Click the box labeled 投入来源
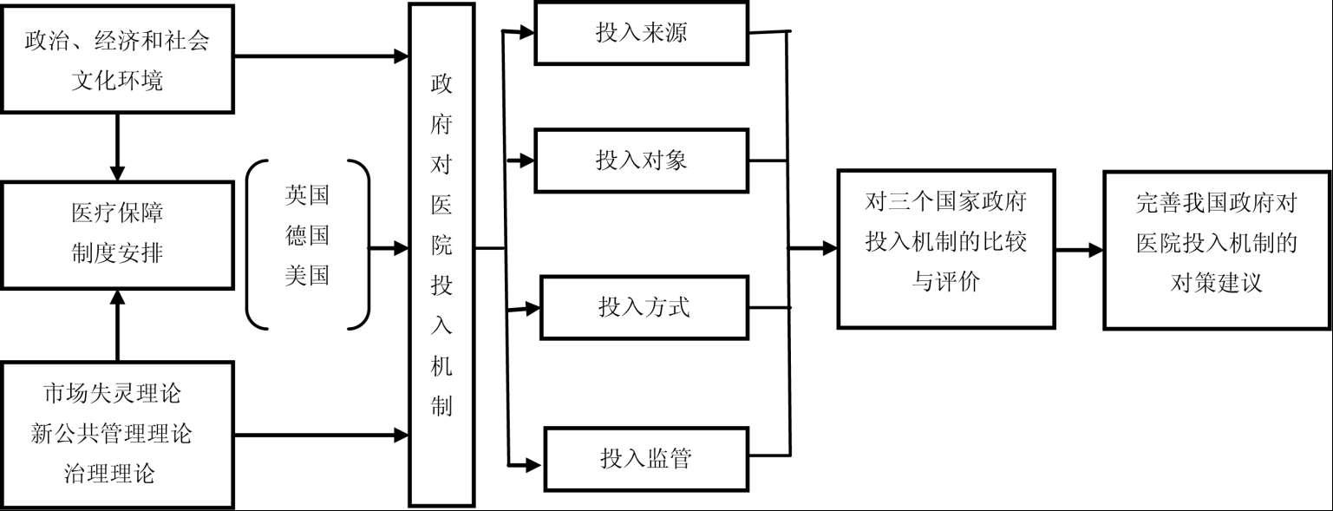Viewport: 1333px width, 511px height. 641,33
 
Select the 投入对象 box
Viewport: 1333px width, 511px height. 641,161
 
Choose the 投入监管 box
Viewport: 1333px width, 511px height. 645,458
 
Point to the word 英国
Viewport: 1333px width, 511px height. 307,194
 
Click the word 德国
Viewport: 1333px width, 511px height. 307,235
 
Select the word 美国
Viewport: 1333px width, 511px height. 307,276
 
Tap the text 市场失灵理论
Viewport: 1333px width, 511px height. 113,393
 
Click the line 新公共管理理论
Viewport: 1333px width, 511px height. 113,434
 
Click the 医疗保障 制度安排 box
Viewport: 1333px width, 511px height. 117,234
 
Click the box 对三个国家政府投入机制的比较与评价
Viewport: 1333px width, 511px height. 945,248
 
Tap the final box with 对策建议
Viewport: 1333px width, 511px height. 1216,249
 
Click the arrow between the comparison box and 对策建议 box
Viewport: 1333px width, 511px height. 1079,250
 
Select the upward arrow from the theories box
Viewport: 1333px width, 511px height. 117,325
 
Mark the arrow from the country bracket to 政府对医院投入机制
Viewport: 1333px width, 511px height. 389,248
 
